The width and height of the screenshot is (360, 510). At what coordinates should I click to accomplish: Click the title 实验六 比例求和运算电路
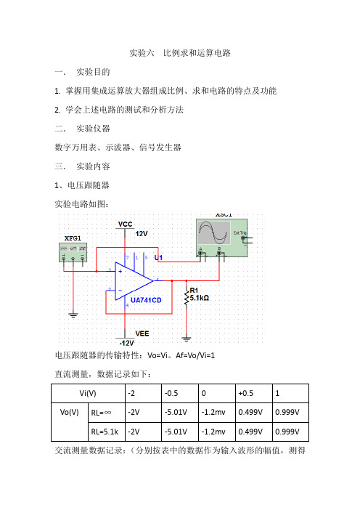[x=180, y=53]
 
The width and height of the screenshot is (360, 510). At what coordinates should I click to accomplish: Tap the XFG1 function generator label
[x=73, y=238]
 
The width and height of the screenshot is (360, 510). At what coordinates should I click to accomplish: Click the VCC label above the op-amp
[x=125, y=224]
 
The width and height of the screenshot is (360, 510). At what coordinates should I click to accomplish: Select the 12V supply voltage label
[x=142, y=233]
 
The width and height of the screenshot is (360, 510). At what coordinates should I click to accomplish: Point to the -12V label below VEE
[x=126, y=343]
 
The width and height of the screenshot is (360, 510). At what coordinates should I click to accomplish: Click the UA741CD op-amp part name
[x=146, y=300]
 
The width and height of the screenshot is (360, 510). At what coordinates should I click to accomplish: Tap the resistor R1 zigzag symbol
[x=187, y=296]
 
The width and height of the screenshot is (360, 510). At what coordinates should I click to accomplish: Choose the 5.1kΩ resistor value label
[x=200, y=298]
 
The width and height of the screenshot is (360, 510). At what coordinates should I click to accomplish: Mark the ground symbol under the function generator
[x=73, y=315]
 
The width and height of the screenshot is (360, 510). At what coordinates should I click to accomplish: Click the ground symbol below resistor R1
[x=187, y=339]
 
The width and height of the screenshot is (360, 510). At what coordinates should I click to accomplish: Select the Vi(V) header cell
[x=88, y=393]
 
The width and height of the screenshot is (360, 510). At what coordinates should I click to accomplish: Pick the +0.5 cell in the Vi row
[x=254, y=393]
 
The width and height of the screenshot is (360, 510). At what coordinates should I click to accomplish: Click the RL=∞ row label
[x=101, y=413]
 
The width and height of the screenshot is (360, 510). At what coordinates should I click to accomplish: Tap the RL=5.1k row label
[x=105, y=432]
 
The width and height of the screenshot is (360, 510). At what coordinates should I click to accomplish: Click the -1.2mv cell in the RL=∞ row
[x=217, y=413]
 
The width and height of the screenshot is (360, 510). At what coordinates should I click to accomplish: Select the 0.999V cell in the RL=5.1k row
[x=290, y=432]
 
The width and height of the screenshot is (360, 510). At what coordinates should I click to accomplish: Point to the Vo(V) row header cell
[x=69, y=413]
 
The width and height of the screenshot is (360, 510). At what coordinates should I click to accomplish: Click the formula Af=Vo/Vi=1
[x=195, y=355]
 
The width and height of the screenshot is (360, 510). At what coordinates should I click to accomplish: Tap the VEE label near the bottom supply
[x=142, y=333]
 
